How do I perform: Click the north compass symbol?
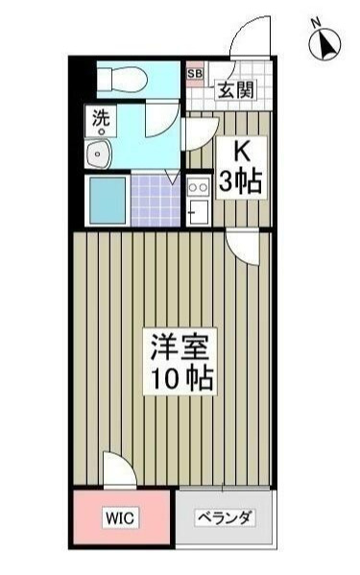[x=326, y=44]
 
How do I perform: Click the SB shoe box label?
[x=195, y=73]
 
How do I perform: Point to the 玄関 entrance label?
[x=235, y=92]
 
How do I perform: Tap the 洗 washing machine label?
[x=101, y=119]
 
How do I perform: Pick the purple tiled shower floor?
[x=156, y=198]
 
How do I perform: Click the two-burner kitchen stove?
[x=199, y=185]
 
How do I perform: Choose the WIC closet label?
[x=121, y=519]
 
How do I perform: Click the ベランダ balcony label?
[x=226, y=519]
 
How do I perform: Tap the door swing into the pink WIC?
[x=117, y=474]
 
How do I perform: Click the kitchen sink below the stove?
[x=199, y=211]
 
